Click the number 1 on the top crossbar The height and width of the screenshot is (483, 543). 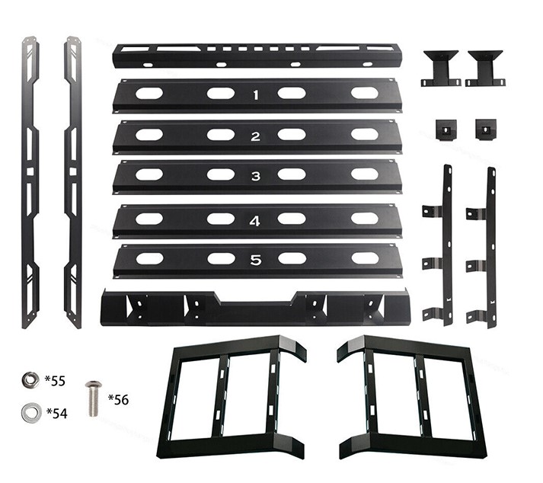[256, 95]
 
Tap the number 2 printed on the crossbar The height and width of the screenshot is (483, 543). [256, 136]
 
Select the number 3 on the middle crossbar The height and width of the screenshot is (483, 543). [256, 176]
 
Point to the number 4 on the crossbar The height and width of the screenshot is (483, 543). [255, 221]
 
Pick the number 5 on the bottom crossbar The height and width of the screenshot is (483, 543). [256, 261]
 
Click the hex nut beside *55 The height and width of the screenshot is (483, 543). [30, 380]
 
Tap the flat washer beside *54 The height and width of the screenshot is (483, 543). [31, 412]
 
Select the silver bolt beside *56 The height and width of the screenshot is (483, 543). [94, 398]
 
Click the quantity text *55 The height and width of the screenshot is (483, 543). [55, 380]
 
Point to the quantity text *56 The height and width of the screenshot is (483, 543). [119, 399]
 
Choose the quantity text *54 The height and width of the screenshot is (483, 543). [57, 413]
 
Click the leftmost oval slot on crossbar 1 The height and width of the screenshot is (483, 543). [149, 94]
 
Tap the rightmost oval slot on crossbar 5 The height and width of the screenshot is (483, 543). [365, 258]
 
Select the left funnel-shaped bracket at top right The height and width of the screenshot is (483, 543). [441, 69]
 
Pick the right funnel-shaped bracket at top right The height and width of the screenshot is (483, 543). [485, 69]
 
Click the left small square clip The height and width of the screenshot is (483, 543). [446, 130]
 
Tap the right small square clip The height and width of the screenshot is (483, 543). [486, 129]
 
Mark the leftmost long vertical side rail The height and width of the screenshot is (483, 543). [30, 182]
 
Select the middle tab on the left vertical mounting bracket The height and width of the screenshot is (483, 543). [432, 264]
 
